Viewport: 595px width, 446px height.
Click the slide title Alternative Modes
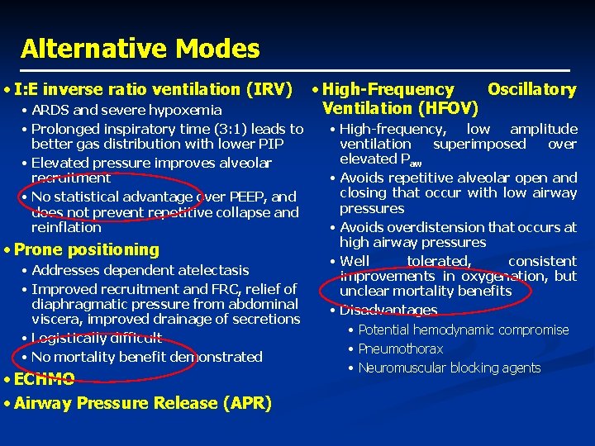(x=140, y=49)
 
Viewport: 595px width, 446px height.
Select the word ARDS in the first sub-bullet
(x=49, y=111)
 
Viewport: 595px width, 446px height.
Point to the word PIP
(x=270, y=145)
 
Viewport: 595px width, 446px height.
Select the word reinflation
(x=65, y=227)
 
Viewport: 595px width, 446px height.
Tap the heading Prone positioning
(x=86, y=249)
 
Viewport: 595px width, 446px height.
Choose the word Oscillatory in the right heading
(x=531, y=89)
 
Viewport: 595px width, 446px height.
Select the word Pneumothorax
(x=400, y=349)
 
